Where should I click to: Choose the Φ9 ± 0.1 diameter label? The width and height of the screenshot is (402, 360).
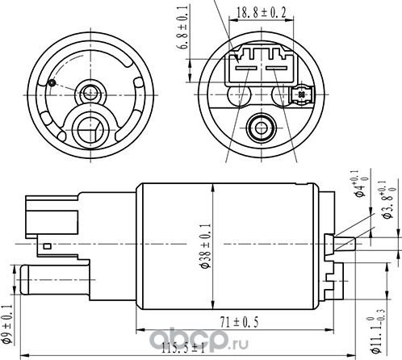click(7, 322)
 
